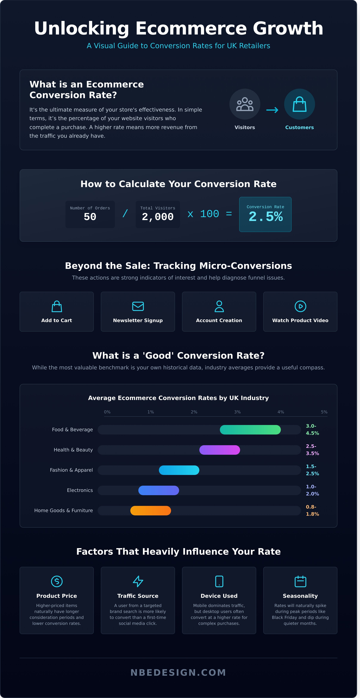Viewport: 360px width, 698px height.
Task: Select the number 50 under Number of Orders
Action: coord(90,217)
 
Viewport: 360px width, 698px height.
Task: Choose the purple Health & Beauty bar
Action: coord(220,450)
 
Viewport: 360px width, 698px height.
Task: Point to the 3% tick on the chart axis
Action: coord(237,412)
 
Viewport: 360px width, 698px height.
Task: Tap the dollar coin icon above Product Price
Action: coord(57,581)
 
